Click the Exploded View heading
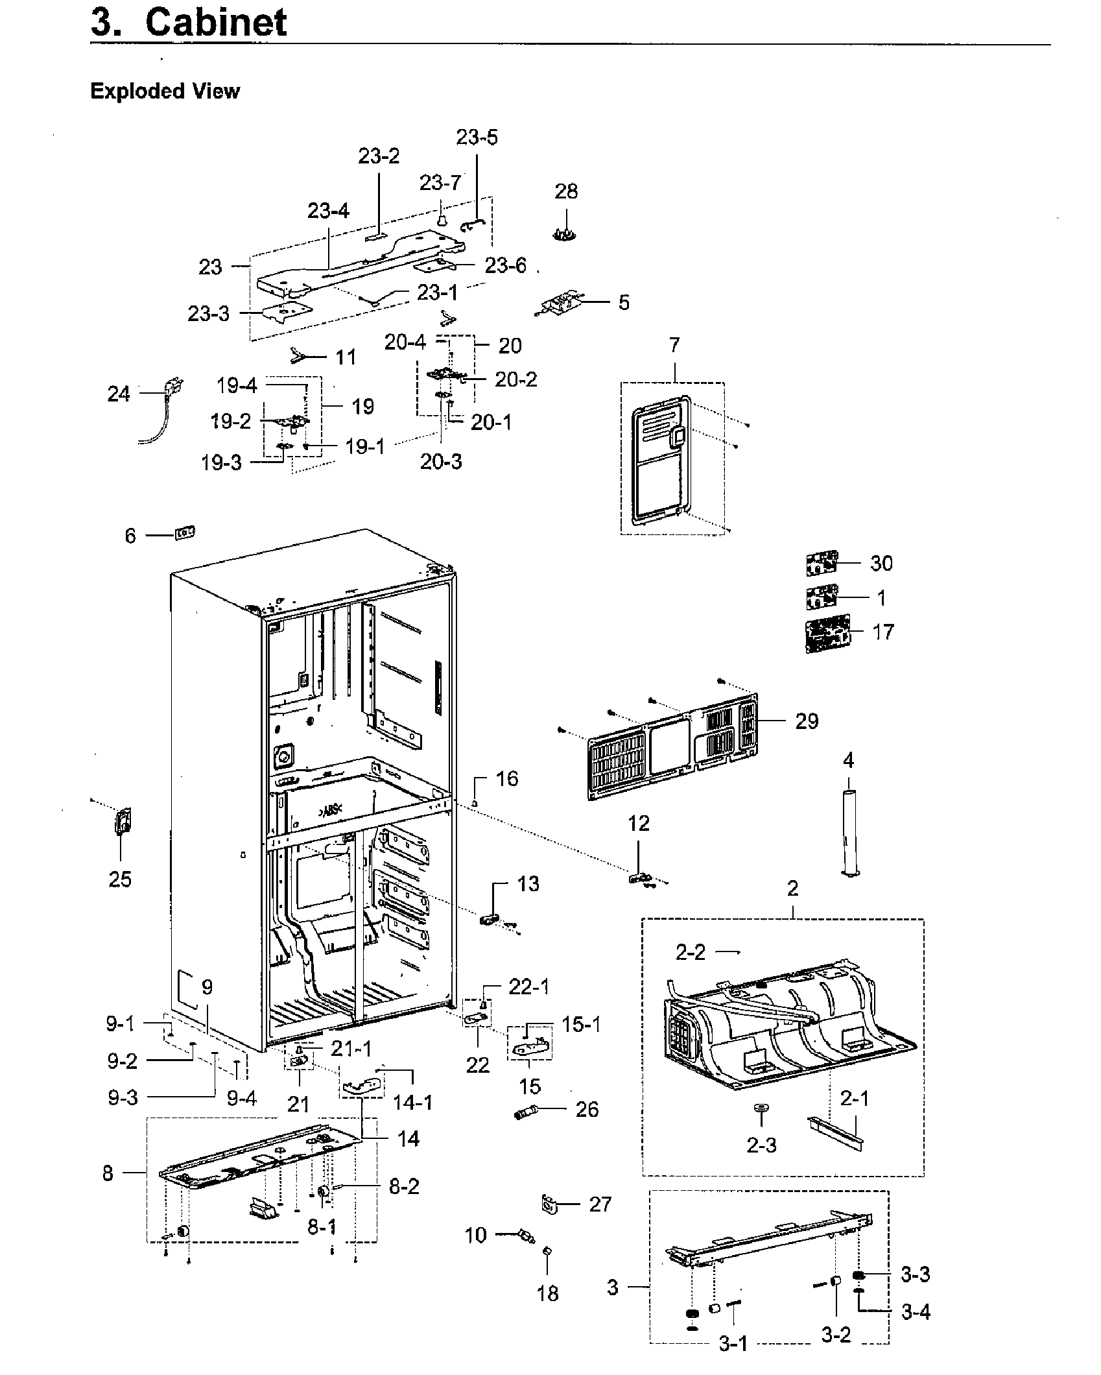coord(165,91)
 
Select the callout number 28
coord(566,191)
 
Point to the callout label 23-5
coord(477,137)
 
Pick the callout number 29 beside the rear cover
coord(807,721)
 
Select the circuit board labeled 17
coord(825,634)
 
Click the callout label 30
coord(881,563)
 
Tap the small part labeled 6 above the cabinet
coord(185,533)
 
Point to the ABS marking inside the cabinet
coord(331,812)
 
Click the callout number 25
coord(120,879)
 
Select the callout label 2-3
coord(761,1145)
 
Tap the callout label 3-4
coord(916,1312)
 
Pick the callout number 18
coord(547,1293)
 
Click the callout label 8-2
coord(404,1187)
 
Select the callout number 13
coord(528,883)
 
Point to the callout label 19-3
coord(220,462)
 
